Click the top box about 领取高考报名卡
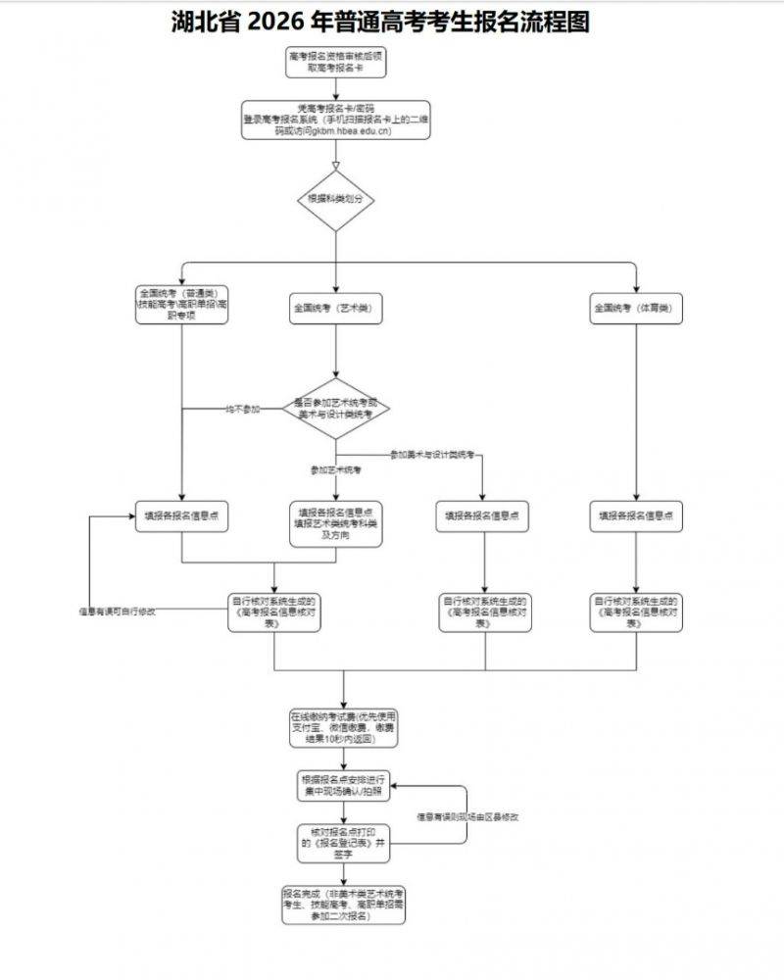335,62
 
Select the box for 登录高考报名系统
335,120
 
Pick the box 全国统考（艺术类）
335,309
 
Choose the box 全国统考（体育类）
637,309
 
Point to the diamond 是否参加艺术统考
336,408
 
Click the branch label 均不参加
243,409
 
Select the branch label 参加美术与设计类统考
432,456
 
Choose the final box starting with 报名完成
343,906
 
